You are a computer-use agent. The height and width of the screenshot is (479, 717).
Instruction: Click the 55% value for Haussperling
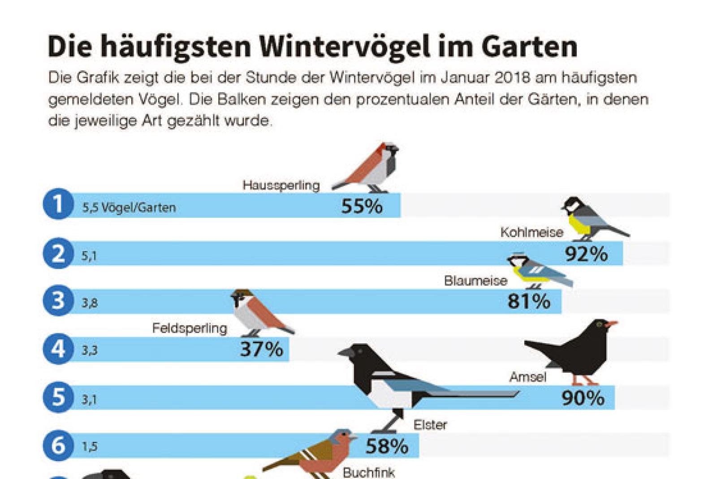pyautogui.click(x=362, y=207)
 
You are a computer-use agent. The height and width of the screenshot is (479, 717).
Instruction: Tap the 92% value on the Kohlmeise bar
pyautogui.click(x=586, y=255)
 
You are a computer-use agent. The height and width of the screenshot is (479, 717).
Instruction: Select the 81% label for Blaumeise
pyautogui.click(x=529, y=302)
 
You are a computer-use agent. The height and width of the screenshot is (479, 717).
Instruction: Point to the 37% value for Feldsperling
pyautogui.click(x=262, y=350)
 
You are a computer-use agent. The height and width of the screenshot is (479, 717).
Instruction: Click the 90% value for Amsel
pyautogui.click(x=583, y=398)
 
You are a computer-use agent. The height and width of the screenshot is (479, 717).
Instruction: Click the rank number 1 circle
pyautogui.click(x=58, y=205)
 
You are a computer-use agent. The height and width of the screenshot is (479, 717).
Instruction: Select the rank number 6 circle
pyautogui.click(x=58, y=445)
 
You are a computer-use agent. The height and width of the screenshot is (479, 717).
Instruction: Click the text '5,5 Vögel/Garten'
pyautogui.click(x=129, y=208)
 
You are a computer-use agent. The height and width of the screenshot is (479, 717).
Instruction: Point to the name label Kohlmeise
pyautogui.click(x=531, y=233)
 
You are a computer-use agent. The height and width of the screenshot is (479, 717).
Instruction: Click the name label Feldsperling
pyautogui.click(x=190, y=328)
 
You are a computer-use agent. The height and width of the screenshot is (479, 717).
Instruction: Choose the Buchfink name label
pyautogui.click(x=369, y=473)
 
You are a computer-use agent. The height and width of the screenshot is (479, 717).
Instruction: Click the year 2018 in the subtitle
pyautogui.click(x=513, y=78)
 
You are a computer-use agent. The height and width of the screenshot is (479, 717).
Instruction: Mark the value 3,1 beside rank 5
pyautogui.click(x=89, y=399)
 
